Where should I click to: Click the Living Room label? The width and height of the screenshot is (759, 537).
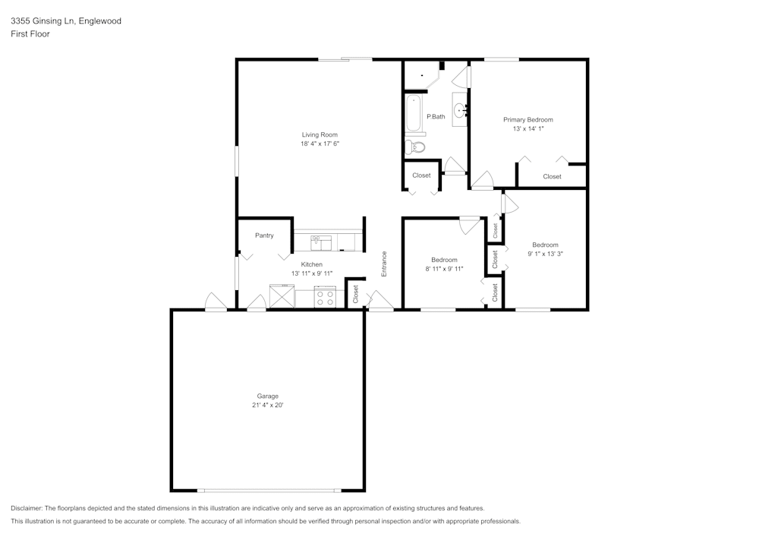point(320,134)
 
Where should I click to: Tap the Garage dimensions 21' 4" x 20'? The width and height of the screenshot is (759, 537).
point(267,406)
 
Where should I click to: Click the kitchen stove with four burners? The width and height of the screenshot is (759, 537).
point(326,297)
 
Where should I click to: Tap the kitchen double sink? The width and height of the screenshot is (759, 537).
point(321,242)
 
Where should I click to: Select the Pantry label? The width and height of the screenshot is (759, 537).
point(264,235)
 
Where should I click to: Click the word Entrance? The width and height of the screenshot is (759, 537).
point(384,263)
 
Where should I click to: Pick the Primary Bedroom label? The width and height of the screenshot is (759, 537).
point(528,119)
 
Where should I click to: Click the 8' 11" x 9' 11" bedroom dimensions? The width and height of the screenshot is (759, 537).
point(444,269)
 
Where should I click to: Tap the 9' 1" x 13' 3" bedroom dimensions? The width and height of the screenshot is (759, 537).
point(545,254)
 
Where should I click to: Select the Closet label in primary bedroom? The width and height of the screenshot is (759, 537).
point(552,176)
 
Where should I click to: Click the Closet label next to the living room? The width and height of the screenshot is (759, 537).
point(421,175)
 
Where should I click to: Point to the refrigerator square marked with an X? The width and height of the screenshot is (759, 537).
point(282,296)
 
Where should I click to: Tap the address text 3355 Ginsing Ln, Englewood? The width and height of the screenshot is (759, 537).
point(65,21)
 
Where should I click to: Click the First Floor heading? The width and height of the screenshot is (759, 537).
point(30,34)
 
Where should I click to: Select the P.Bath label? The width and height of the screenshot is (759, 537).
point(436,116)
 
